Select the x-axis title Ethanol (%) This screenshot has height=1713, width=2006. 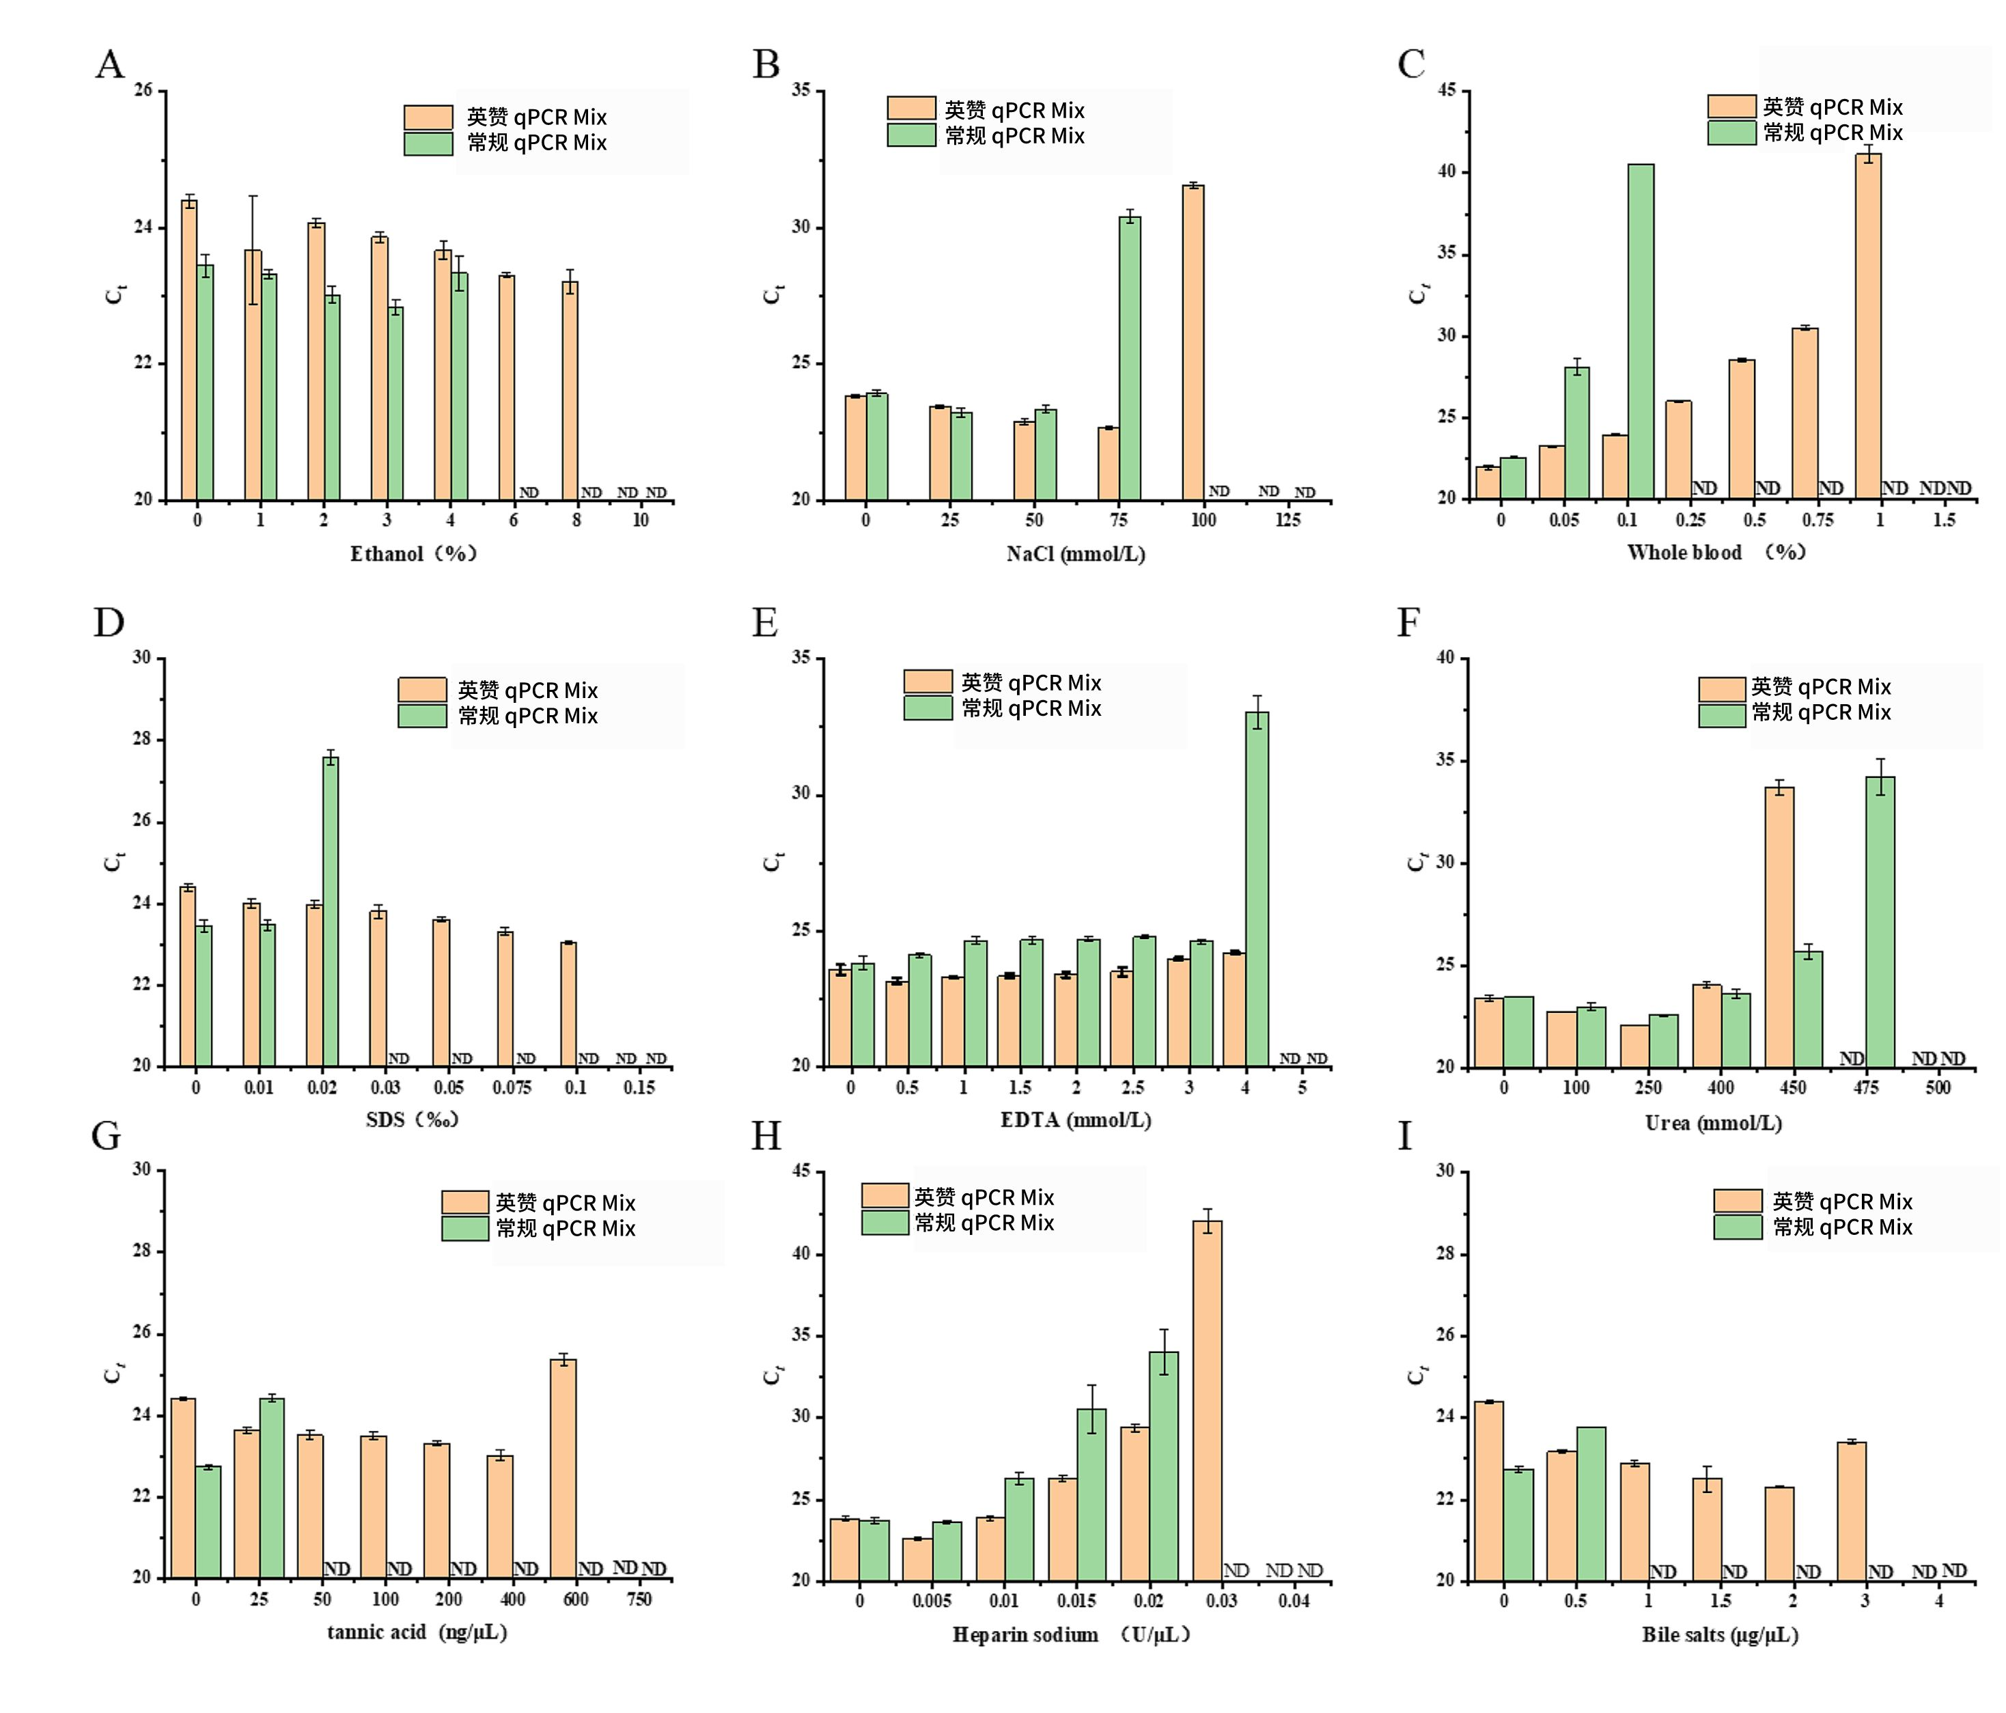click(413, 554)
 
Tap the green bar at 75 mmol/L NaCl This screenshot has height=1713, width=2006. click(1130, 359)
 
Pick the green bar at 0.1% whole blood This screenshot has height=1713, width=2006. click(1640, 331)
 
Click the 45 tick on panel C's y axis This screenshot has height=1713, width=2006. click(1447, 91)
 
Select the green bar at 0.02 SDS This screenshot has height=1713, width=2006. click(330, 911)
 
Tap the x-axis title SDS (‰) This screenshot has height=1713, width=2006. click(411, 1120)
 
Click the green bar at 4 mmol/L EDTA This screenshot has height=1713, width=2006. click(1257, 889)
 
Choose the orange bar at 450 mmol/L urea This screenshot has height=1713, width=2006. click(1779, 927)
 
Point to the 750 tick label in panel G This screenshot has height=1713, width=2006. click(639, 1600)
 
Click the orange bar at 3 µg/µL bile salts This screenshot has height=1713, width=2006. click(1850, 1511)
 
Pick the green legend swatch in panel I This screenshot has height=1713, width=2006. click(1737, 1227)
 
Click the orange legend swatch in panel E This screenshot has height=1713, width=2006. click(928, 681)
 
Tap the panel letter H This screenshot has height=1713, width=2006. click(766, 1136)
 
